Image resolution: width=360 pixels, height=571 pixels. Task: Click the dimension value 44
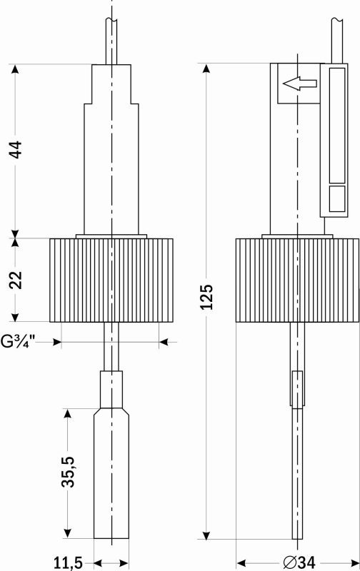[16, 150]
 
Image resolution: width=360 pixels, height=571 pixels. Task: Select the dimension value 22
[16, 280]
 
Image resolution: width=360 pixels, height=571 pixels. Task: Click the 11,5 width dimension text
[69, 562]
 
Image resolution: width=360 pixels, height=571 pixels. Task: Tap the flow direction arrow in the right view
[300, 84]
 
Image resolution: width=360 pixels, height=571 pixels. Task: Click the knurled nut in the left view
[111, 280]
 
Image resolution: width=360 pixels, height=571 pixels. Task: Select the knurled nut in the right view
[296, 280]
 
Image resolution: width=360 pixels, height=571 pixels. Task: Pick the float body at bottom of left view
[111, 475]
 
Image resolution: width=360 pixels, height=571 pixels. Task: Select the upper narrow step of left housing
[111, 84]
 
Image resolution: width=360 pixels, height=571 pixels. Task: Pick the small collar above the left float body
[111, 389]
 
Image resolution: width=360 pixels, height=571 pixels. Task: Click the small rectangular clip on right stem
[297, 390]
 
